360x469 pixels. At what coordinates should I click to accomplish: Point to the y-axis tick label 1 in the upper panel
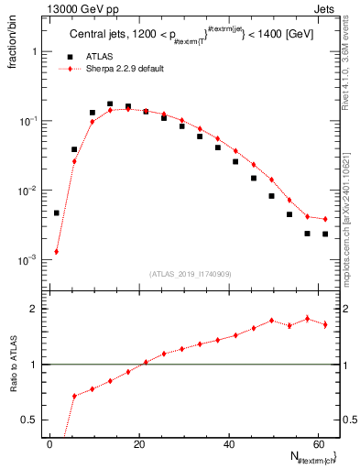34,51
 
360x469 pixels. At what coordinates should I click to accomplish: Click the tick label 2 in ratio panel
34,309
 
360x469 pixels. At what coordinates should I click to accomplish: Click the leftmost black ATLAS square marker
56,213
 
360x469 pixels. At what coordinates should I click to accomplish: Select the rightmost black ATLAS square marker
325,234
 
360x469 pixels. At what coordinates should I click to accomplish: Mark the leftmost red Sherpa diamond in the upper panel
56,251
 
